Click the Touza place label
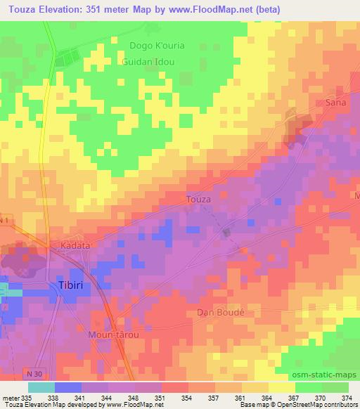click(x=198, y=199)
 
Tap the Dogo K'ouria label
click(x=157, y=46)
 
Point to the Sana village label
click(x=337, y=103)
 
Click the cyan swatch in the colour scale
click(x=41, y=387)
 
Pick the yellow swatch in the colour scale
click(x=281, y=387)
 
